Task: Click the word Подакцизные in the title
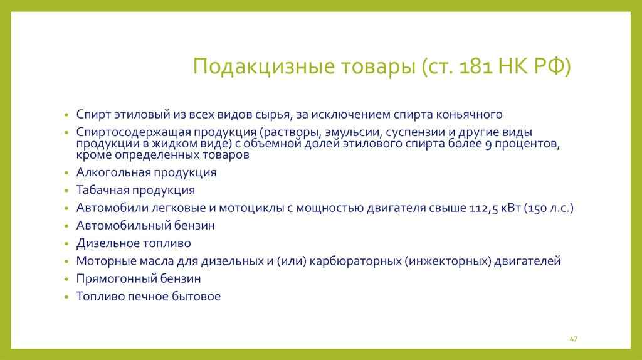point(264,66)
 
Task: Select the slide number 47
point(573,339)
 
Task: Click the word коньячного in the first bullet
point(469,114)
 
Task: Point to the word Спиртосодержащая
point(134,132)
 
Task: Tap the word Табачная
point(103,190)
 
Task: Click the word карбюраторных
point(355,261)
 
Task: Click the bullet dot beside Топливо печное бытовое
point(66,297)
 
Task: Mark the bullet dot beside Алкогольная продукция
point(66,173)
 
